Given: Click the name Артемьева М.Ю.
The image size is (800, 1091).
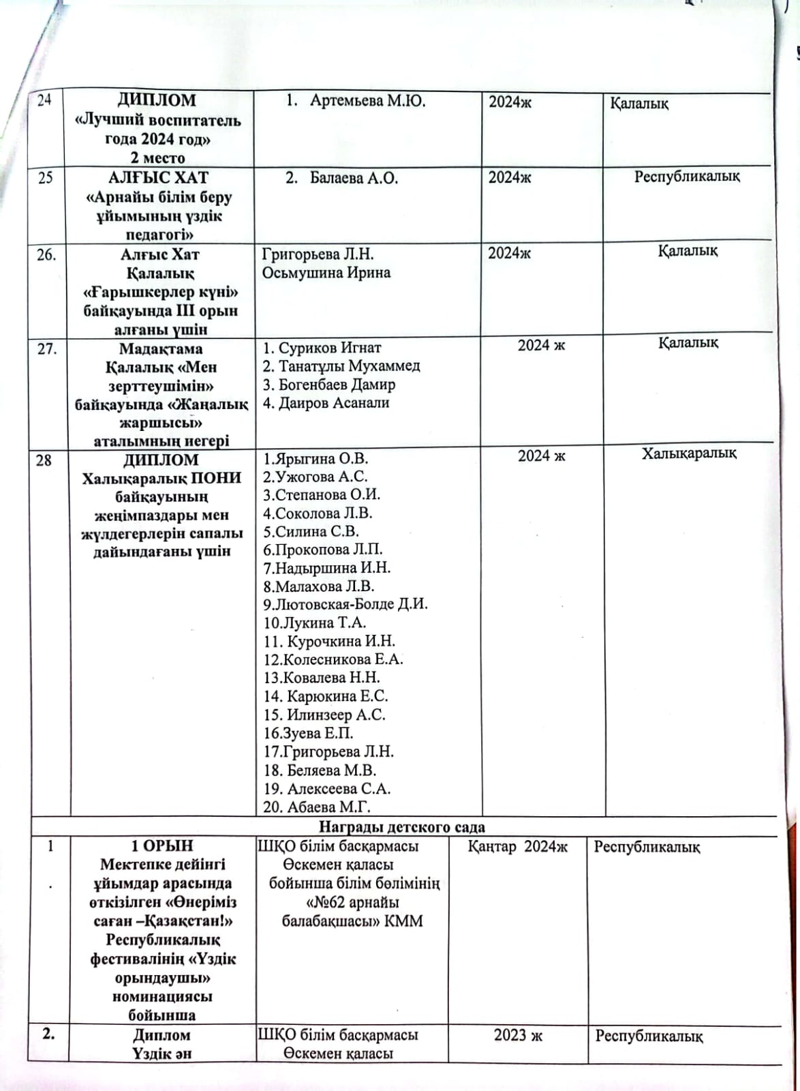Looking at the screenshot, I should point(367,102).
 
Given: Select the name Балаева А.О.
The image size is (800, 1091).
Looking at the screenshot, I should point(354,179).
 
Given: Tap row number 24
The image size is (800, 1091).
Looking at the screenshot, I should point(44,101).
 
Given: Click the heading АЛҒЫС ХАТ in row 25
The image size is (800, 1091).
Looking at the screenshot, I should point(158,178).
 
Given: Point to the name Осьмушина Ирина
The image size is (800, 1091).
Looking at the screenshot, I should point(326,273).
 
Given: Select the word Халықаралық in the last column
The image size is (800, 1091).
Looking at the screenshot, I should point(688,453).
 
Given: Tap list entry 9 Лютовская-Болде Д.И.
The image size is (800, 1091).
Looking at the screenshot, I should point(346,604).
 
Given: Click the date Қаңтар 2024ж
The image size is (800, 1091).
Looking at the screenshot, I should point(518,847).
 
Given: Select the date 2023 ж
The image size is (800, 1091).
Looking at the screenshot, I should point(518,1035).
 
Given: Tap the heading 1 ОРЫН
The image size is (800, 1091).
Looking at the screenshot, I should point(162,846).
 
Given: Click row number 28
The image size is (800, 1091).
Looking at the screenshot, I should point(44,460).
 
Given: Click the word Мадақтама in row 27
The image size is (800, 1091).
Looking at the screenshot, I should point(161,348).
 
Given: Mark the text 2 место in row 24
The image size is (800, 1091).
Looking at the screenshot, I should point(157,158).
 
